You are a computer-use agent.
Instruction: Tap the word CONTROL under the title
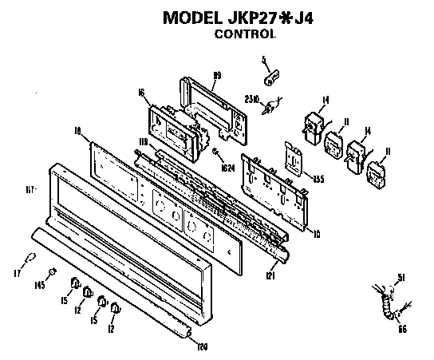coord(247,35)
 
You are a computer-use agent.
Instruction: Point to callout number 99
coord(215,75)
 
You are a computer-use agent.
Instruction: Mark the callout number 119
coord(144,142)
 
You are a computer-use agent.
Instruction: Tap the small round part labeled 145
coord(51,273)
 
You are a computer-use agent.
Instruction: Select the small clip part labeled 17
coord(30,257)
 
